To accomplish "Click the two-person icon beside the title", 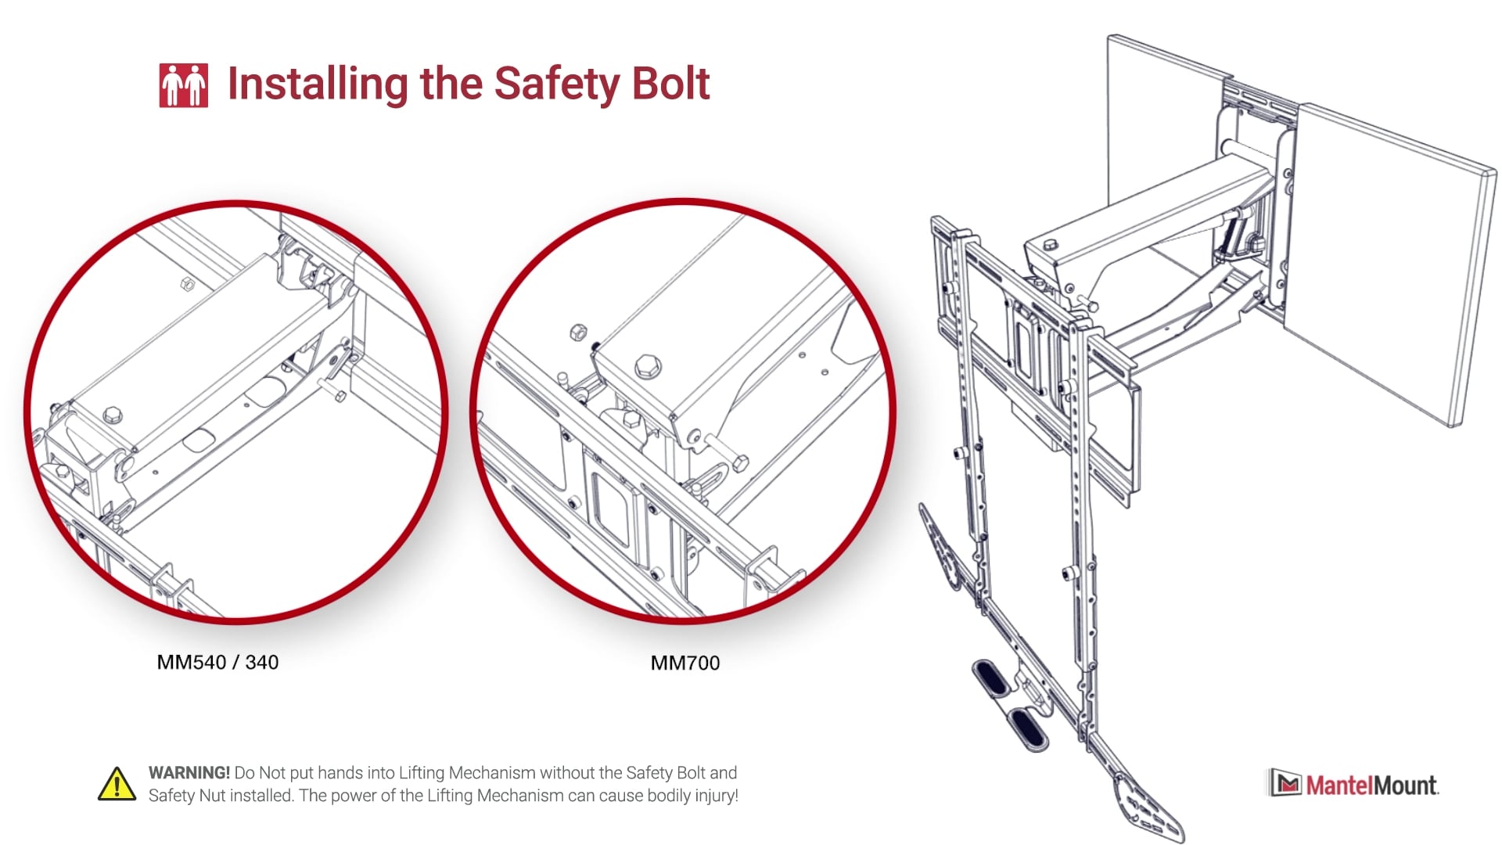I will (x=183, y=84).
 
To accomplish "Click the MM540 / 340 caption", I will (x=217, y=663).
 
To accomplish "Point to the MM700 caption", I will (x=685, y=663).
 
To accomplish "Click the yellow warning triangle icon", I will (x=117, y=784).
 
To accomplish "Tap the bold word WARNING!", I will (x=189, y=773).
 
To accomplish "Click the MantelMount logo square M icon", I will (x=1285, y=783).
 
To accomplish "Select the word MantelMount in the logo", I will (x=1371, y=785).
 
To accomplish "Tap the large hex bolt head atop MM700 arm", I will (x=648, y=365).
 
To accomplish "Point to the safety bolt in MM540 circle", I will (x=332, y=389).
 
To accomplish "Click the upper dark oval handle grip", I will (x=991, y=678).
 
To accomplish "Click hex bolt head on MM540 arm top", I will (x=113, y=414).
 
